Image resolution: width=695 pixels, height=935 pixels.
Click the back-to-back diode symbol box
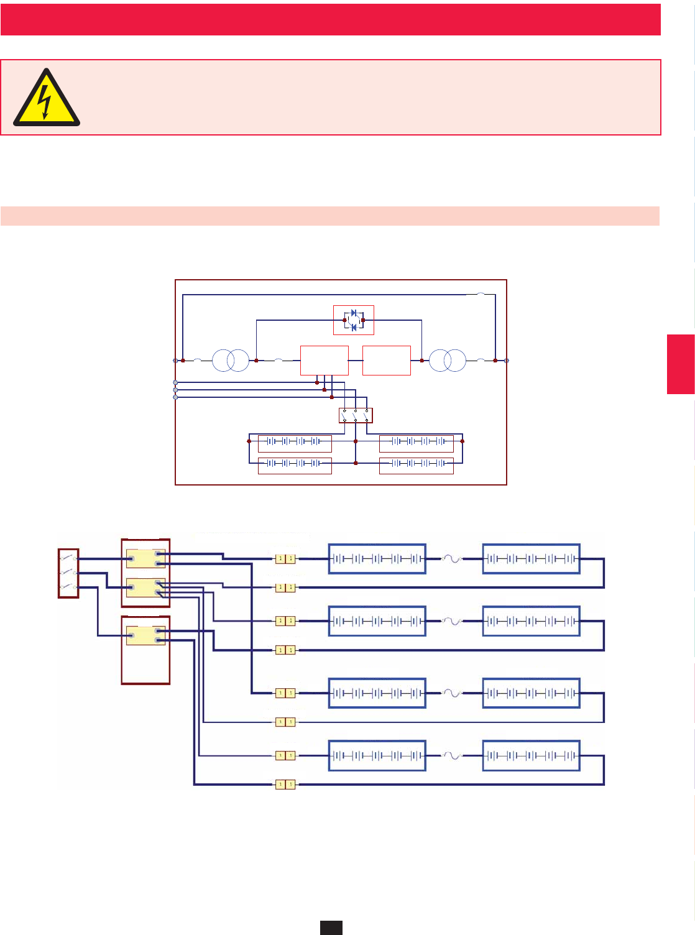click(x=354, y=320)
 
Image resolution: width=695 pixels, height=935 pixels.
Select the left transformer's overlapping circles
click(x=231, y=361)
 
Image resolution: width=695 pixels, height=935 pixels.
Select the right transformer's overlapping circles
click(x=448, y=361)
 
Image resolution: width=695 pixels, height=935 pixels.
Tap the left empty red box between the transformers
click(x=324, y=361)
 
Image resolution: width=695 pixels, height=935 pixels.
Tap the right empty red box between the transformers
click(x=387, y=361)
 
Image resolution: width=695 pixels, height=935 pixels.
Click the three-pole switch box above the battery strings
click(x=356, y=415)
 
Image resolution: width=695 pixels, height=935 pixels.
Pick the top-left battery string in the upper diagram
click(x=295, y=443)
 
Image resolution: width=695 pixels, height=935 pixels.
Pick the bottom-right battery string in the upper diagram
click(x=417, y=465)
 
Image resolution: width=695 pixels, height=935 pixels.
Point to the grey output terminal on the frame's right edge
click(x=507, y=361)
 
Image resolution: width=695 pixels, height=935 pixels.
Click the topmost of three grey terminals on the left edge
click(x=175, y=382)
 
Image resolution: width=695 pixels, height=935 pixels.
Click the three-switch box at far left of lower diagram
click(x=68, y=573)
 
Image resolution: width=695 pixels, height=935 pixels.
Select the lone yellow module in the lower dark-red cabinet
click(x=145, y=635)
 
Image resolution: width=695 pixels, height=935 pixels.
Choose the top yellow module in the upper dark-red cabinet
click(x=145, y=558)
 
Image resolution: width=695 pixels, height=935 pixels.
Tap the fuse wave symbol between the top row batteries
click(x=453, y=559)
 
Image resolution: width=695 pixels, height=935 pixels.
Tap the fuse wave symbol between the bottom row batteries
click(x=453, y=756)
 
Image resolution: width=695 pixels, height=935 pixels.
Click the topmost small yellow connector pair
click(x=285, y=559)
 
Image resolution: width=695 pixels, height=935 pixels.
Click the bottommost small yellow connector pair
click(x=285, y=785)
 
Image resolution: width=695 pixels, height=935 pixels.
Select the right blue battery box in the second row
click(x=532, y=621)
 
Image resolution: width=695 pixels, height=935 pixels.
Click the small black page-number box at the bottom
click(x=331, y=928)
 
